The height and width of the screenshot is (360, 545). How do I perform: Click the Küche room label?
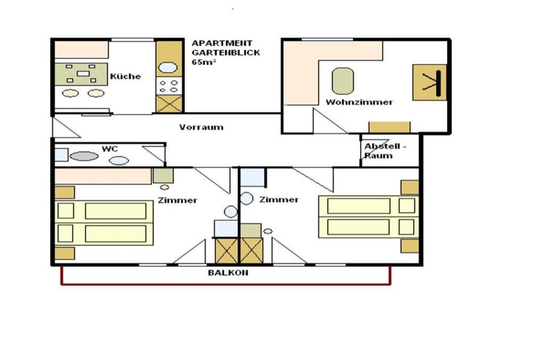[126, 76]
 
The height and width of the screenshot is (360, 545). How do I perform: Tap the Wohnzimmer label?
[359, 102]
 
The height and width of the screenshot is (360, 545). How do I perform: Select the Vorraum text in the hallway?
[201, 127]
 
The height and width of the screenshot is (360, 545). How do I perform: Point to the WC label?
[110, 149]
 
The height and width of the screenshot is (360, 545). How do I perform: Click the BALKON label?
[228, 273]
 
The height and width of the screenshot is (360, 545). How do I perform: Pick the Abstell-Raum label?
[385, 151]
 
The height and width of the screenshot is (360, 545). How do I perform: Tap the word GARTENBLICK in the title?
[226, 53]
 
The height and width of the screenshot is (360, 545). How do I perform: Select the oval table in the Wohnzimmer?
[343, 81]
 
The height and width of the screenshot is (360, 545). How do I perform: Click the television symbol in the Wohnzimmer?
[430, 83]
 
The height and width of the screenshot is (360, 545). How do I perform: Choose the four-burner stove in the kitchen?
[169, 86]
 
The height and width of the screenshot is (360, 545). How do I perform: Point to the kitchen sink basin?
[168, 67]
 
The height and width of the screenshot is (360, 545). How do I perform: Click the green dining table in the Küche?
[81, 73]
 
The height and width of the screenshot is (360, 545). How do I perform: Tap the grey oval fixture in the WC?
[84, 156]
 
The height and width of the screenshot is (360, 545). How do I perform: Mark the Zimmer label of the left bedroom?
[177, 200]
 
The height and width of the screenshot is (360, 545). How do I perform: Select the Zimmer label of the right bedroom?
[279, 200]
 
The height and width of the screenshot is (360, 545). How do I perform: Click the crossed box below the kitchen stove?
[169, 104]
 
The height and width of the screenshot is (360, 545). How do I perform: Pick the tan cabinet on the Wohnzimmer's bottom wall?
[389, 127]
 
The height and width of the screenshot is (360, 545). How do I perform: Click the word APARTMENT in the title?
[222, 43]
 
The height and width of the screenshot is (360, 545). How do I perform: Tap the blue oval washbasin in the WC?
[119, 160]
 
